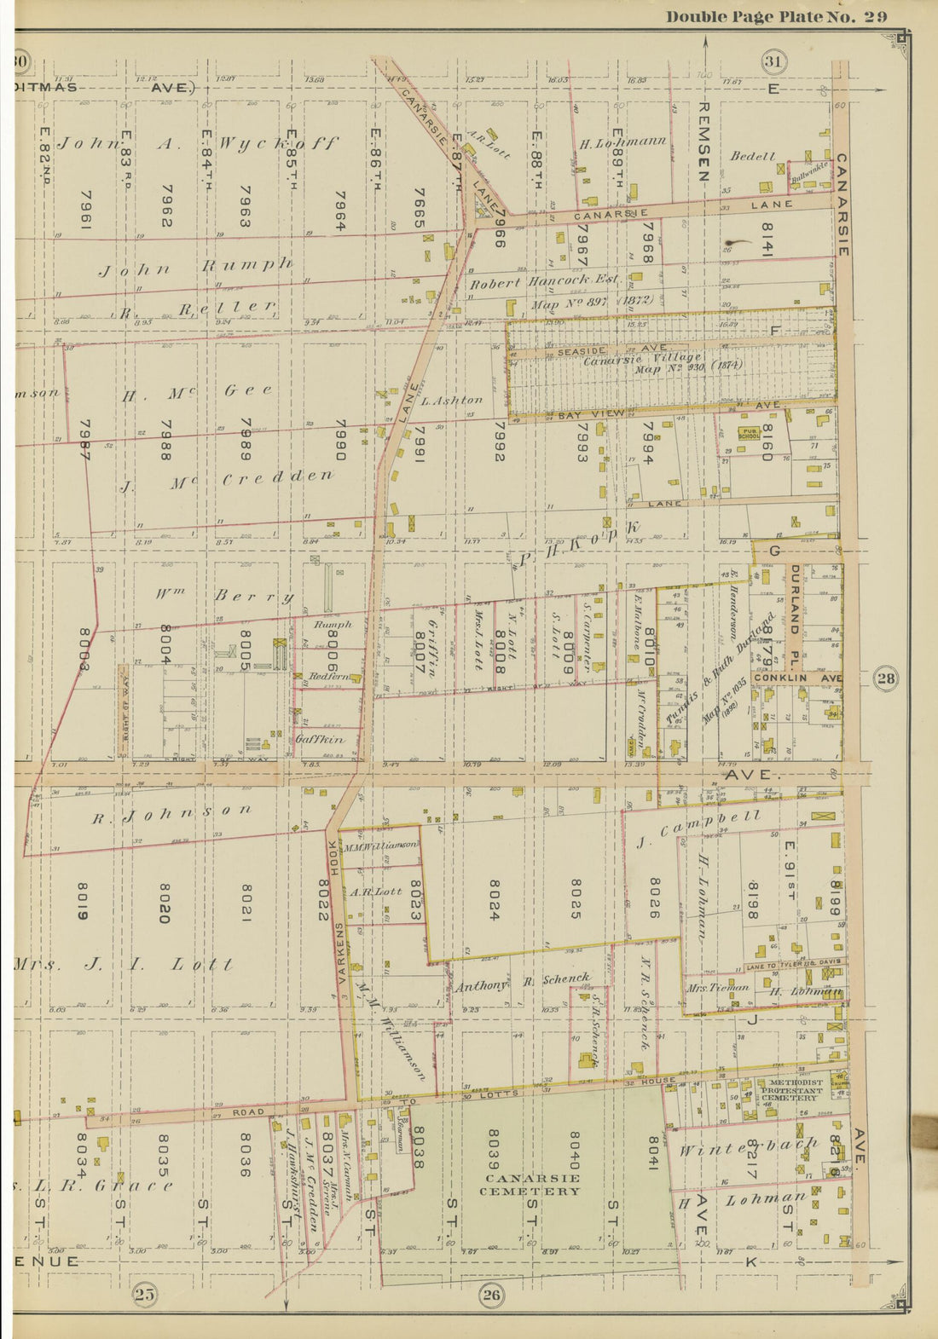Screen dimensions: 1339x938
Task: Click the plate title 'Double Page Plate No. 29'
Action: pos(776,17)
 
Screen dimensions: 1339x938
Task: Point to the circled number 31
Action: pos(774,61)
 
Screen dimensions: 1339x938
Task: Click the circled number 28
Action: pos(886,678)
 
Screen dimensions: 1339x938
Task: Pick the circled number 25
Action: pos(144,1296)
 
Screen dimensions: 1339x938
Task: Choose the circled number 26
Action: pos(491,1296)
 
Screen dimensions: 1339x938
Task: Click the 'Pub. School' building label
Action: pos(750,432)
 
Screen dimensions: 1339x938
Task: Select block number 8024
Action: pos(492,900)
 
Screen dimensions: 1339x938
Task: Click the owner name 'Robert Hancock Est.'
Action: pos(544,281)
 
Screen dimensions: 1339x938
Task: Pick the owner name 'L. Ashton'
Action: pos(452,400)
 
